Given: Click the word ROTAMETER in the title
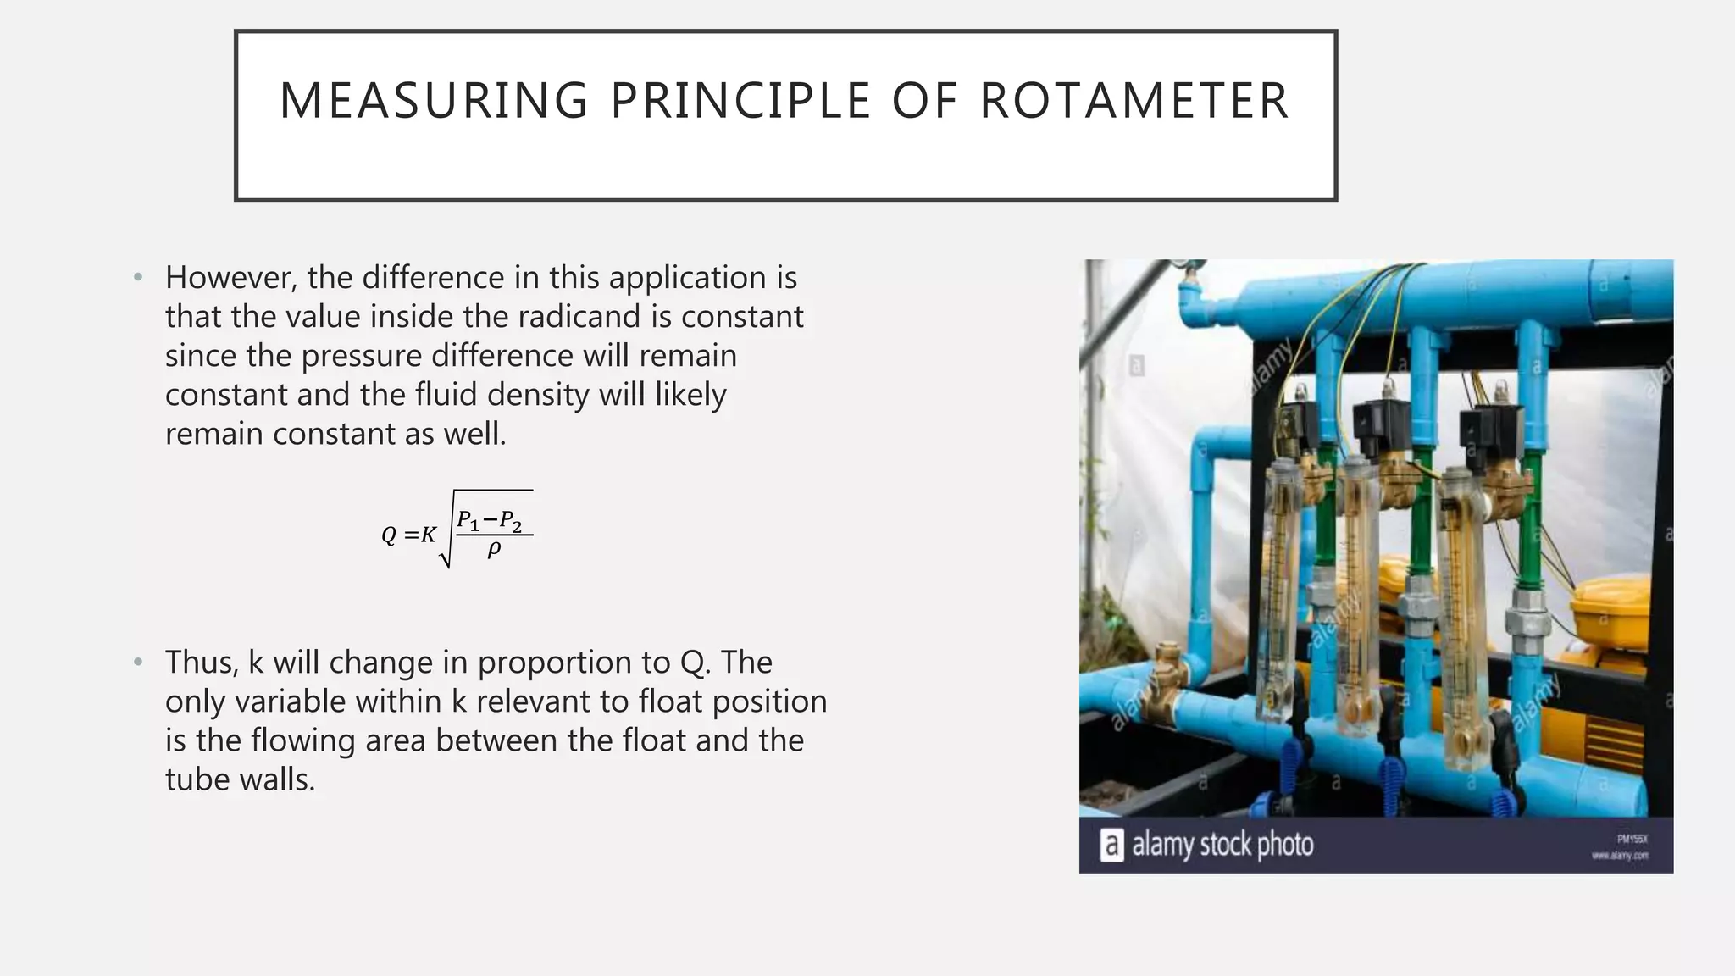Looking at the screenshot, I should pyautogui.click(x=1134, y=101).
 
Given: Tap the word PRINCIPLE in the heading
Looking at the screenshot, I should pyautogui.click(x=741, y=101).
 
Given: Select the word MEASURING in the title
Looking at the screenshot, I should pyautogui.click(x=434, y=101).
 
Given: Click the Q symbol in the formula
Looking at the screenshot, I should pyautogui.click(x=389, y=535).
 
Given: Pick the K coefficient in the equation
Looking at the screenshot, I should pyautogui.click(x=429, y=535).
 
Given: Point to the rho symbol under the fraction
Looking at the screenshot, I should pyautogui.click(x=494, y=550).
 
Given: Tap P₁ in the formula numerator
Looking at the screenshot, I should pyautogui.click(x=468, y=520).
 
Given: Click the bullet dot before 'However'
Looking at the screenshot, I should pyautogui.click(x=138, y=278).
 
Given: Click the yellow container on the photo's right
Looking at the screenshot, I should pyautogui.click(x=1614, y=610).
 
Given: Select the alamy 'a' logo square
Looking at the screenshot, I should pyautogui.click(x=1111, y=845).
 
